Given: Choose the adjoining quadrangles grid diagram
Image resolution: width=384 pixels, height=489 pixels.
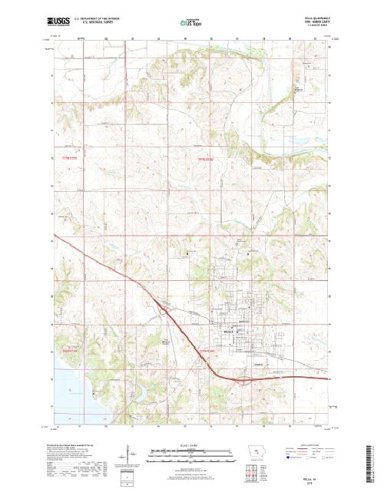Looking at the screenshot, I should (257, 468).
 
